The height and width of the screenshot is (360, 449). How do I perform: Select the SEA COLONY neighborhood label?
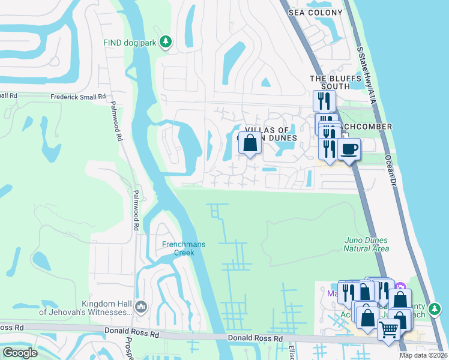tap(315, 13)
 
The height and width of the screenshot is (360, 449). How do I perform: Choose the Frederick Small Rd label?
tap(78, 96)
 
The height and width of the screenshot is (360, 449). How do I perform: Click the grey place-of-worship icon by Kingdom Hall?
tap(141, 307)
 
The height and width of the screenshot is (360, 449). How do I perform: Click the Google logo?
tap(20, 353)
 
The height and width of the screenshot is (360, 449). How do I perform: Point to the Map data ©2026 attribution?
tap(424, 355)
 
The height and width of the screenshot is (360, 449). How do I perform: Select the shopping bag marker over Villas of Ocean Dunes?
tap(251, 143)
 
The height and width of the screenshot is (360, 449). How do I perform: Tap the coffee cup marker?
tap(349, 149)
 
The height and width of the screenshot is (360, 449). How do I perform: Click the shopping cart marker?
tap(388, 329)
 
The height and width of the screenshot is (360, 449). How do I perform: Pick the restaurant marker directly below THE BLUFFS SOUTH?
tap(324, 100)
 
